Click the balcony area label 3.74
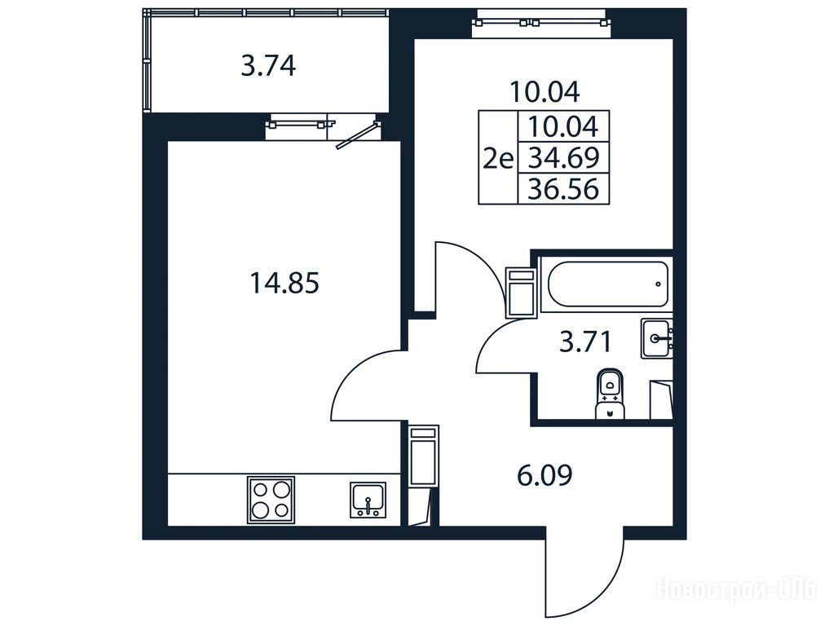268,67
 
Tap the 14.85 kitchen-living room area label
284,282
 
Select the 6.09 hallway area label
545,474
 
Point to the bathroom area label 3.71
585,342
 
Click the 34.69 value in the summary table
563,157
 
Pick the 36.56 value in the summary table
563,189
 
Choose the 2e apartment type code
498,157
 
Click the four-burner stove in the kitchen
271,500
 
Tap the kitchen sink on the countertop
368,500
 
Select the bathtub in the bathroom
607,284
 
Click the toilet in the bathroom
610,394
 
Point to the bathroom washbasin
657,338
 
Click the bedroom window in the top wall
541,24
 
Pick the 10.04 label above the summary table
545,91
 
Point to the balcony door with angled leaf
357,134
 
